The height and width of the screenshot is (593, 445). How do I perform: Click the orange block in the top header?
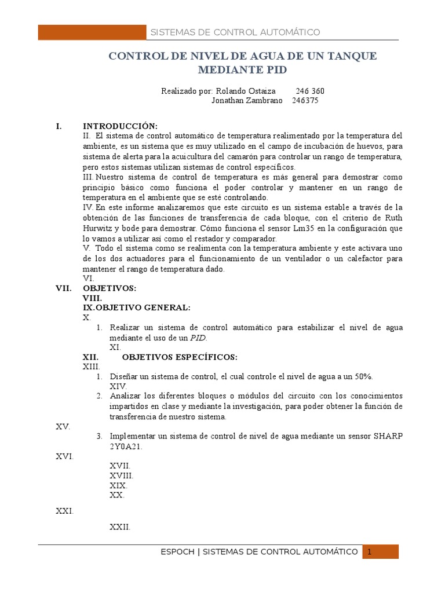(x=92, y=32)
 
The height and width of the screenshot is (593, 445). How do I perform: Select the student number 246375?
(x=305, y=100)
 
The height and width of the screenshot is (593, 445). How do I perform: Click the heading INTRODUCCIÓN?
(x=120, y=126)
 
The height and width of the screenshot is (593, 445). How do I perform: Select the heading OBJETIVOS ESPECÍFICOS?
(x=180, y=357)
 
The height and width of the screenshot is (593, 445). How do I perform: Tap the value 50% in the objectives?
(x=364, y=376)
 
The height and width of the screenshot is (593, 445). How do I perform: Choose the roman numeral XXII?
(x=119, y=527)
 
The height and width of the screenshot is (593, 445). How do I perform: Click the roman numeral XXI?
(x=64, y=511)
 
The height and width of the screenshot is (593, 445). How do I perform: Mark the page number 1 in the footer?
(x=370, y=552)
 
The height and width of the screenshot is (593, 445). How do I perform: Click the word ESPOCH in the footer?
(x=178, y=552)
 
